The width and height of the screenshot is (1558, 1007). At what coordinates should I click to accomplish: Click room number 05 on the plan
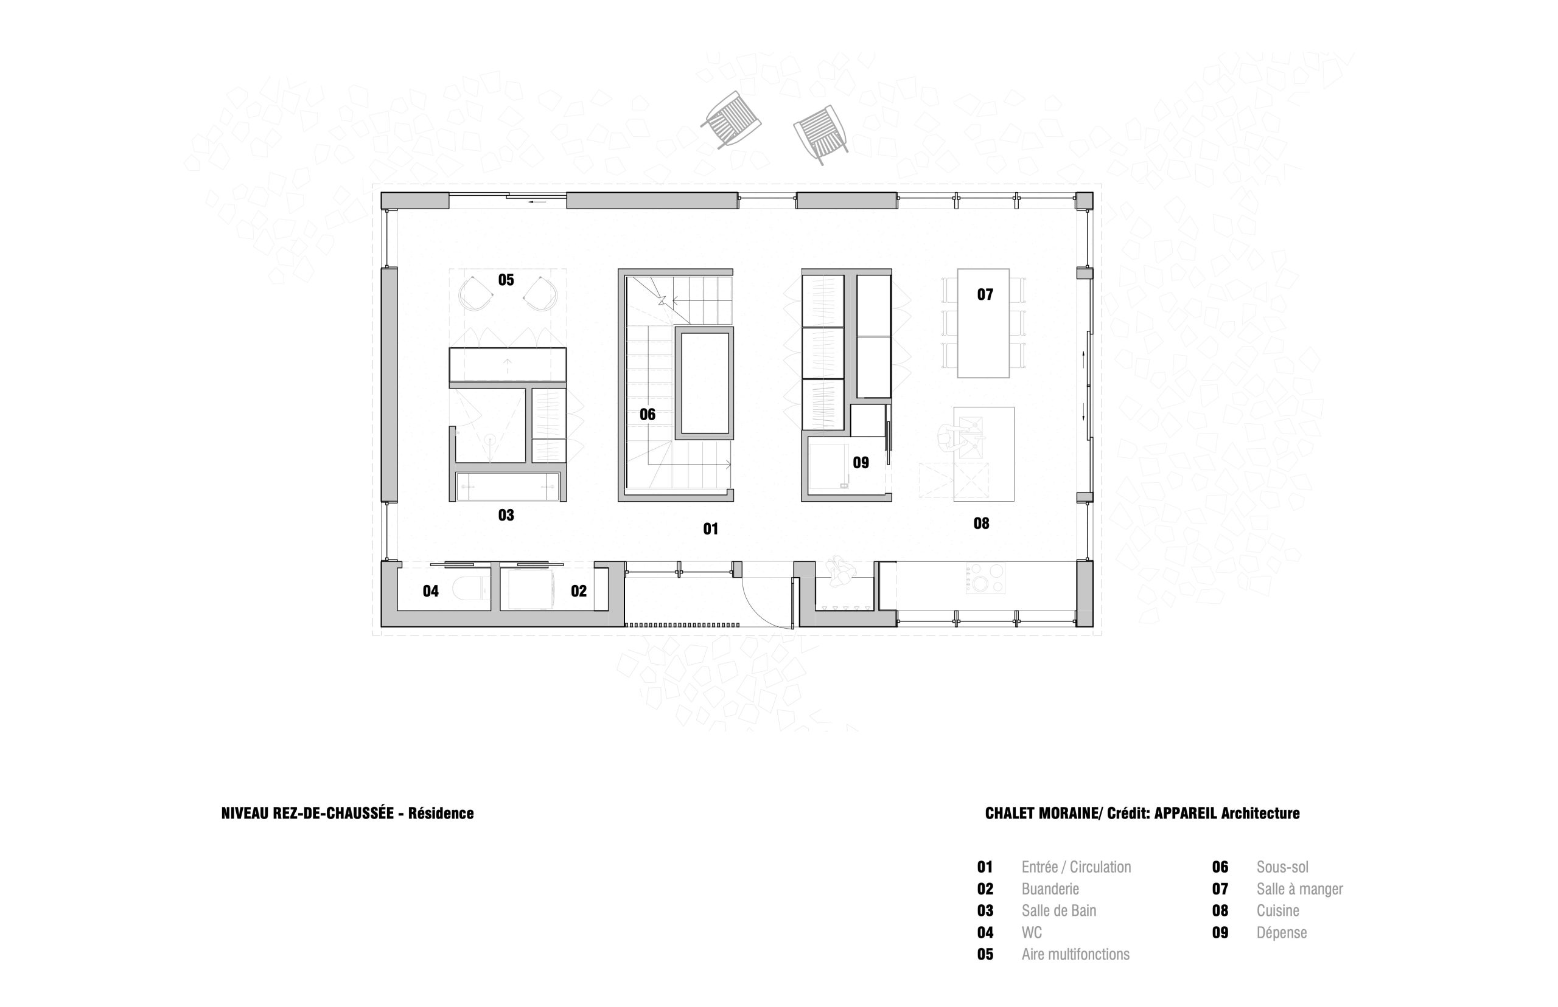coord(506,280)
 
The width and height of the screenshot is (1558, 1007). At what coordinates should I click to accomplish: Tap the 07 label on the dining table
coord(985,295)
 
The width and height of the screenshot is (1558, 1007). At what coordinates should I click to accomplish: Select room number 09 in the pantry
coord(861,463)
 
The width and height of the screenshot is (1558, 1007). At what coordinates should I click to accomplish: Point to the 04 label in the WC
coord(430,591)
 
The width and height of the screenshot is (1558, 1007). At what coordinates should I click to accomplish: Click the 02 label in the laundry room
coord(578,591)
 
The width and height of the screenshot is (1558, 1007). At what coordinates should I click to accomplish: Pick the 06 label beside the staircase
coord(647,415)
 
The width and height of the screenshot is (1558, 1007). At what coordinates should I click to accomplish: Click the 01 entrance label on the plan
coord(711,529)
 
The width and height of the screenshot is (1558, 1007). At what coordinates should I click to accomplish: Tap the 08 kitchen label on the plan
coord(981,523)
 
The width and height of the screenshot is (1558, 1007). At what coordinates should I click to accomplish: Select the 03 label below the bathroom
coord(506,515)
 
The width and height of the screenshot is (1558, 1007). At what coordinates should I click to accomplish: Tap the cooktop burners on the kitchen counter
coord(985,578)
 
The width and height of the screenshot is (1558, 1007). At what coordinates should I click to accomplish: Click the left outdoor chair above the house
coord(730,120)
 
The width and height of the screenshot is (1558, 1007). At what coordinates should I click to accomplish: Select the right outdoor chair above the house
coord(820,134)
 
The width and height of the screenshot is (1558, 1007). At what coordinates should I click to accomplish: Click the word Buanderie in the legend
coord(1050,889)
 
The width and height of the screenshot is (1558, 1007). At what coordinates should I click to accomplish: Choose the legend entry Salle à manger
coord(1299,889)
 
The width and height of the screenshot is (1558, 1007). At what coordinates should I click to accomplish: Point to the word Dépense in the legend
coord(1281,933)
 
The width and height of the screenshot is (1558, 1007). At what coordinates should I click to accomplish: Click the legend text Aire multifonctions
coord(1075,955)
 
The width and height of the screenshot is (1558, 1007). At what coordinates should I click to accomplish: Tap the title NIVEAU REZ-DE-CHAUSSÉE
coord(307,814)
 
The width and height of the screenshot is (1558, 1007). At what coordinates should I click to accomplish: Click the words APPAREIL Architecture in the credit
coord(1227,814)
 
